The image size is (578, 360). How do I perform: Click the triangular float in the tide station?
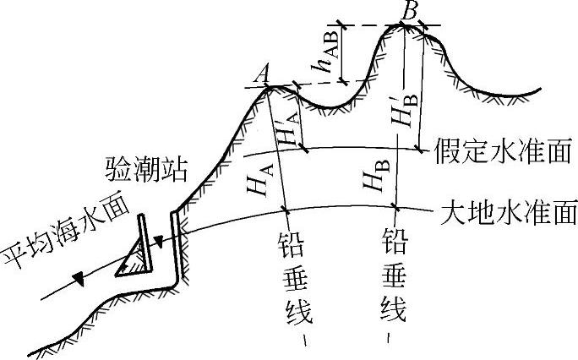point(133,259)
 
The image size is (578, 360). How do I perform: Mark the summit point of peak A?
point(267,87)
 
